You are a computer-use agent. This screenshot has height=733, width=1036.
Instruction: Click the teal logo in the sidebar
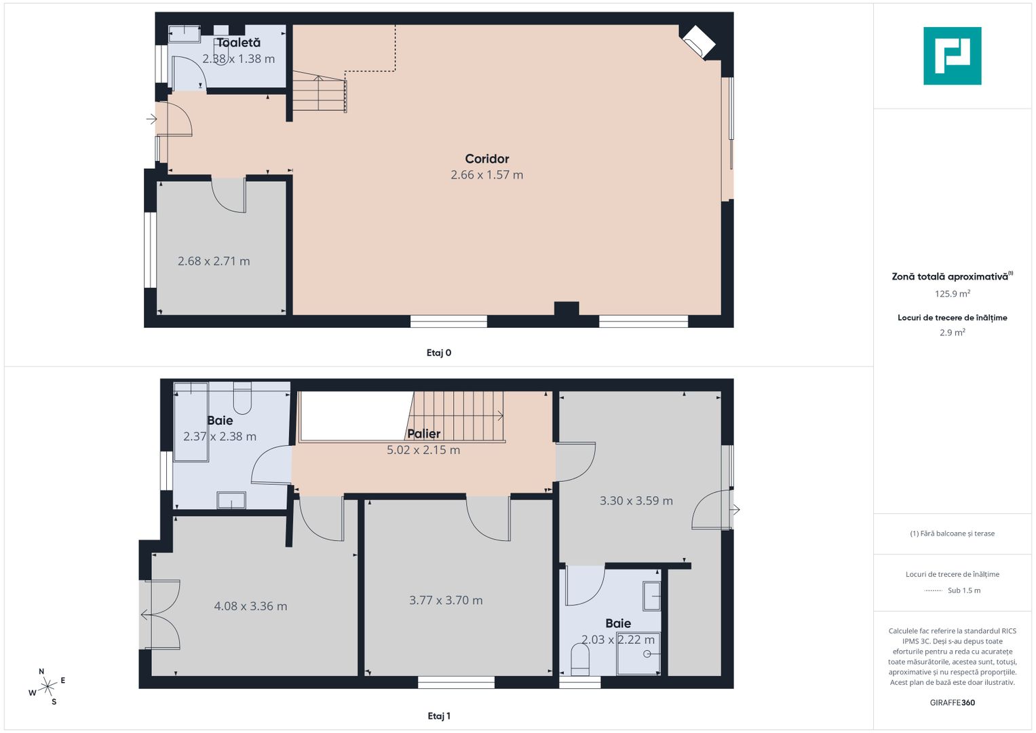[x=952, y=56]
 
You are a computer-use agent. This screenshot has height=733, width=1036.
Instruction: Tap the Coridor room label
[x=486, y=159]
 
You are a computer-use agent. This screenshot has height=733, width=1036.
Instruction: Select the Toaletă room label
[x=238, y=43]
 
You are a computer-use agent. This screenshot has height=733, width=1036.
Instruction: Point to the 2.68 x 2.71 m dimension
[x=214, y=261]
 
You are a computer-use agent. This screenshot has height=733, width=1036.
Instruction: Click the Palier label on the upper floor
[x=423, y=434]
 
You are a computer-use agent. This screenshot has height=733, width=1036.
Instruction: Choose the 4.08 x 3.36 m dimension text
[x=250, y=606]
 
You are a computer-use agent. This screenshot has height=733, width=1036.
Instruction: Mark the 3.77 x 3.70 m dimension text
[x=446, y=600]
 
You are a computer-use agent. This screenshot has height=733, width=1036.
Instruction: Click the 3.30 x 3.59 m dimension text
[x=636, y=501]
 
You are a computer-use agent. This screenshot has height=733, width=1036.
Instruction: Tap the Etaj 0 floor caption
[x=438, y=353]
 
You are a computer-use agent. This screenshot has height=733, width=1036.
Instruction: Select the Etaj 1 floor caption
[x=438, y=716]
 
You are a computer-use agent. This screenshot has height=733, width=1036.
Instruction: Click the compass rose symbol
[x=47, y=687]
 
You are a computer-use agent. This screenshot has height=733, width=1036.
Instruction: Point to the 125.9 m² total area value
[x=952, y=294]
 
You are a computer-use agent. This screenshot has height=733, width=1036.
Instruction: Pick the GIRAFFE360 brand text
[x=952, y=702]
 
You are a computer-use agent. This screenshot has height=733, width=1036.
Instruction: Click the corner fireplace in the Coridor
[x=697, y=41]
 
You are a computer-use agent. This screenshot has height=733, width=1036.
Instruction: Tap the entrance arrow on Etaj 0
[x=151, y=119]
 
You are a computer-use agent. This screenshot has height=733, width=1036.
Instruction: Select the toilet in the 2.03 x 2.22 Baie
[x=580, y=659]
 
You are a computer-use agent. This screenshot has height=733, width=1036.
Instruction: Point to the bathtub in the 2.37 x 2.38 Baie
[x=191, y=423]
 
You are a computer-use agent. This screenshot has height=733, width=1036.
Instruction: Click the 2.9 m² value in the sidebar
[x=952, y=333]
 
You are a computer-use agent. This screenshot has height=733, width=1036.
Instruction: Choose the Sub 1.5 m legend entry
[x=963, y=590]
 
